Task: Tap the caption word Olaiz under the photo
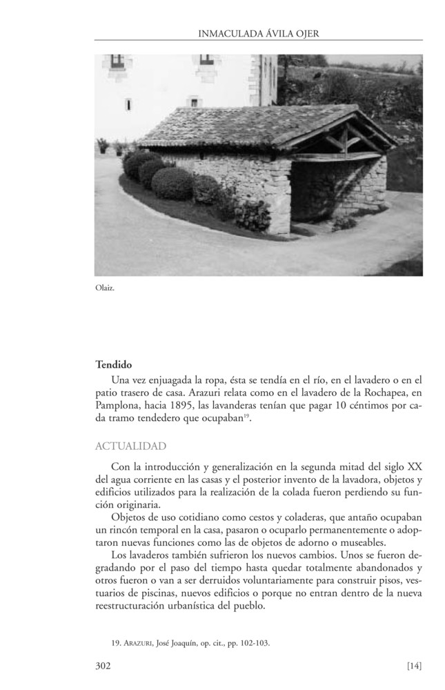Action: click(x=104, y=288)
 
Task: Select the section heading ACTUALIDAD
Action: click(x=130, y=446)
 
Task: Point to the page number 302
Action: click(x=103, y=666)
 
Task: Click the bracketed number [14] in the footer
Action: click(x=414, y=666)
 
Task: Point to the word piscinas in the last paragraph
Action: click(x=166, y=593)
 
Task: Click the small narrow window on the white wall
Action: click(x=128, y=104)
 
